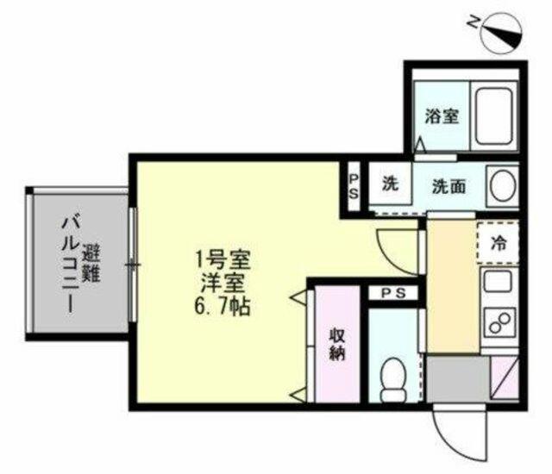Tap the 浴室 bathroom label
[442, 116]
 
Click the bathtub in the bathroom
[493, 115]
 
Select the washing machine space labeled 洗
[390, 183]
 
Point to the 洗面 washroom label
[448, 186]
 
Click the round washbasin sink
[504, 186]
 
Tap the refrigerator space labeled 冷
[499, 242]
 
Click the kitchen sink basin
[498, 281]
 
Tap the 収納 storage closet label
[337, 345]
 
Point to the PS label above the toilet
[394, 293]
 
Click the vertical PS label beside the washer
[354, 187]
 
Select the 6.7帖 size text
[222, 307]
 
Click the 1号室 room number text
[223, 260]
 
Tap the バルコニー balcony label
[70, 265]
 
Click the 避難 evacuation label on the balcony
[91, 265]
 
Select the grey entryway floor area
[458, 379]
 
